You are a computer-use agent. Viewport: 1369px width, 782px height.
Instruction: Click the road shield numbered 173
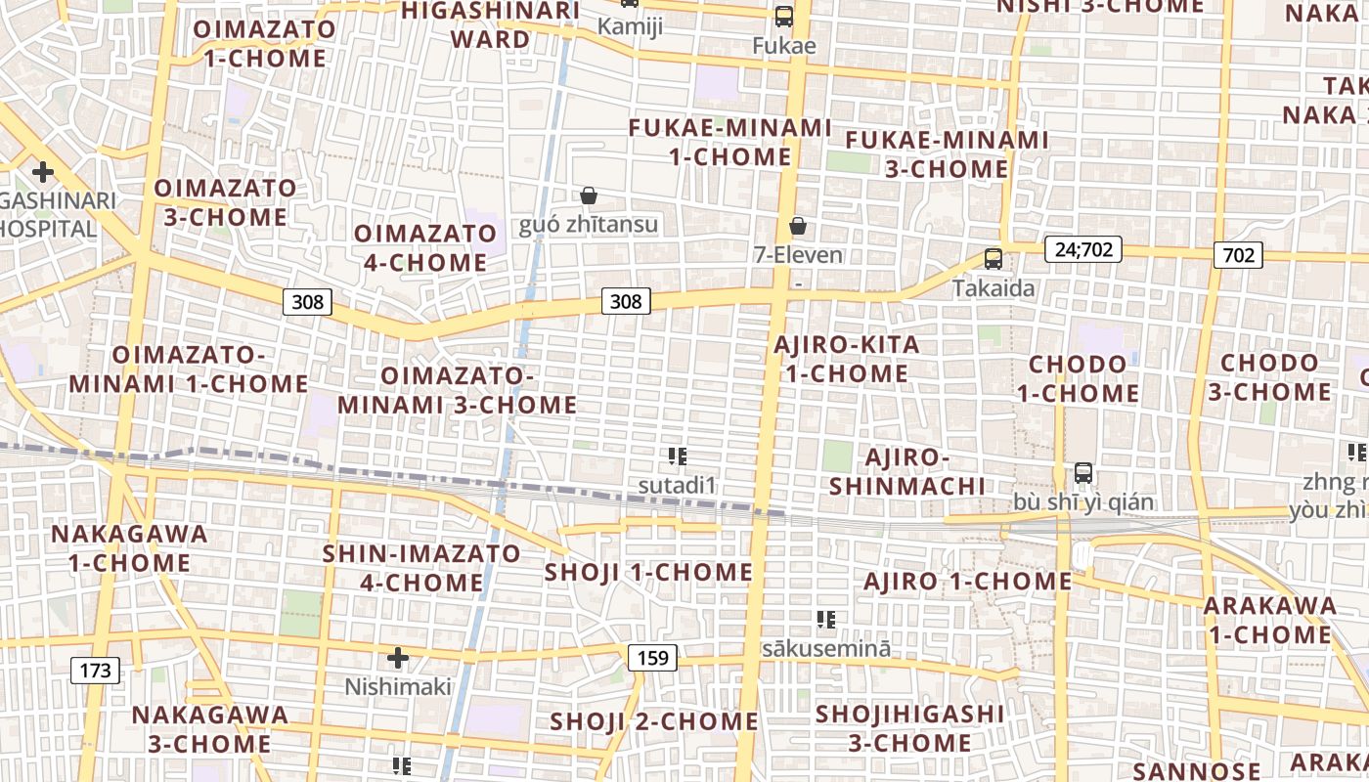pos(95,671)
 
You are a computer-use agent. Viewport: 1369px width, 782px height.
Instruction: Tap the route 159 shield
pos(652,658)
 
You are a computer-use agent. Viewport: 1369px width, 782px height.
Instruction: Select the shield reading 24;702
pos(1082,249)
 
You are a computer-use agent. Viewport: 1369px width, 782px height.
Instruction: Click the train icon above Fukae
pos(784,16)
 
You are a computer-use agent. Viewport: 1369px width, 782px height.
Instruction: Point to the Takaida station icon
pos(994,259)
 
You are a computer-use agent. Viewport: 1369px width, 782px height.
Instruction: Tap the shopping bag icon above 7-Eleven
pos(798,227)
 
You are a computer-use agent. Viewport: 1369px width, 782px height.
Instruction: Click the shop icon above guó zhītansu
pos(589,196)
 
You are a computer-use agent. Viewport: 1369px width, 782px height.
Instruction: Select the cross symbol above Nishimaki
pos(398,657)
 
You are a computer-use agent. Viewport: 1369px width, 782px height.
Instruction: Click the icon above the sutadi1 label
pos(678,456)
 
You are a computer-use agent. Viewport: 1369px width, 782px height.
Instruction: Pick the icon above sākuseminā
pos(826,619)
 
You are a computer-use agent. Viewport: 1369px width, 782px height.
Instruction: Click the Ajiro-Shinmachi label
pos(907,472)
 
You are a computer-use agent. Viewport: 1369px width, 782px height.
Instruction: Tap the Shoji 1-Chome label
pos(648,572)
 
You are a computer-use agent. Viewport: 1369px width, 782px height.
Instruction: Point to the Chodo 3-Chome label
pos(1269,377)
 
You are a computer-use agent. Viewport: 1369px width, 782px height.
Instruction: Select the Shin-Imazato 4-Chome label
pos(421,568)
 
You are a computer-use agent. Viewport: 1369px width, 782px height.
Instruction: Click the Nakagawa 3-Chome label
pos(210,729)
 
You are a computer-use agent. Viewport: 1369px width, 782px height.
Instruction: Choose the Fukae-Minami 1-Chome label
pos(729,143)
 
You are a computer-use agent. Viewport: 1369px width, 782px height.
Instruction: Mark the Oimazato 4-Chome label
pos(425,248)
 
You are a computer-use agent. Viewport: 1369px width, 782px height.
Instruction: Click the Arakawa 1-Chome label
pos(1269,620)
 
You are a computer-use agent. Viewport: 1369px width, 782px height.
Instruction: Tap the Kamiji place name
pos(630,26)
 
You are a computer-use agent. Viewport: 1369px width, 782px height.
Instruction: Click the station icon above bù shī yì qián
pos(1083,473)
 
